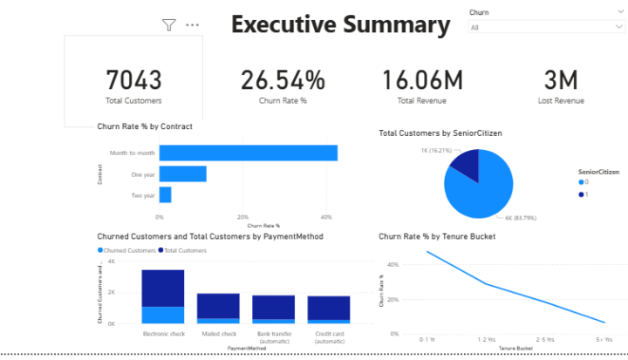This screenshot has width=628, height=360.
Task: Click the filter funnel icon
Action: point(169,25)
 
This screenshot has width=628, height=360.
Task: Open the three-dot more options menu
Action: point(193,25)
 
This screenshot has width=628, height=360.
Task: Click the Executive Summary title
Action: point(340,24)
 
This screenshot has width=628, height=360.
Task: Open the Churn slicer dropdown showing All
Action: point(545,28)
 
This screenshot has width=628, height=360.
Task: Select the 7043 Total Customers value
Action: point(133,80)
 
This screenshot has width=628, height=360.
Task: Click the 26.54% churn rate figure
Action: point(283,80)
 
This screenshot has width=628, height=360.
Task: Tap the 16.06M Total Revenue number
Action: point(422,80)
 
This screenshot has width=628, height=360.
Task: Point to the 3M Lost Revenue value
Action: point(561,80)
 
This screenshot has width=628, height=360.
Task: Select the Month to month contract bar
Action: point(248,153)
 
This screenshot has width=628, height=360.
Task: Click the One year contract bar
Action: point(182,173)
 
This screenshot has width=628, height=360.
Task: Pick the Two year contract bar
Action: point(165,194)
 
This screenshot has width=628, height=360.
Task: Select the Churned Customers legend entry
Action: point(125,250)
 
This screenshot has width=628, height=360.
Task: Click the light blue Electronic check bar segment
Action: point(163,315)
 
